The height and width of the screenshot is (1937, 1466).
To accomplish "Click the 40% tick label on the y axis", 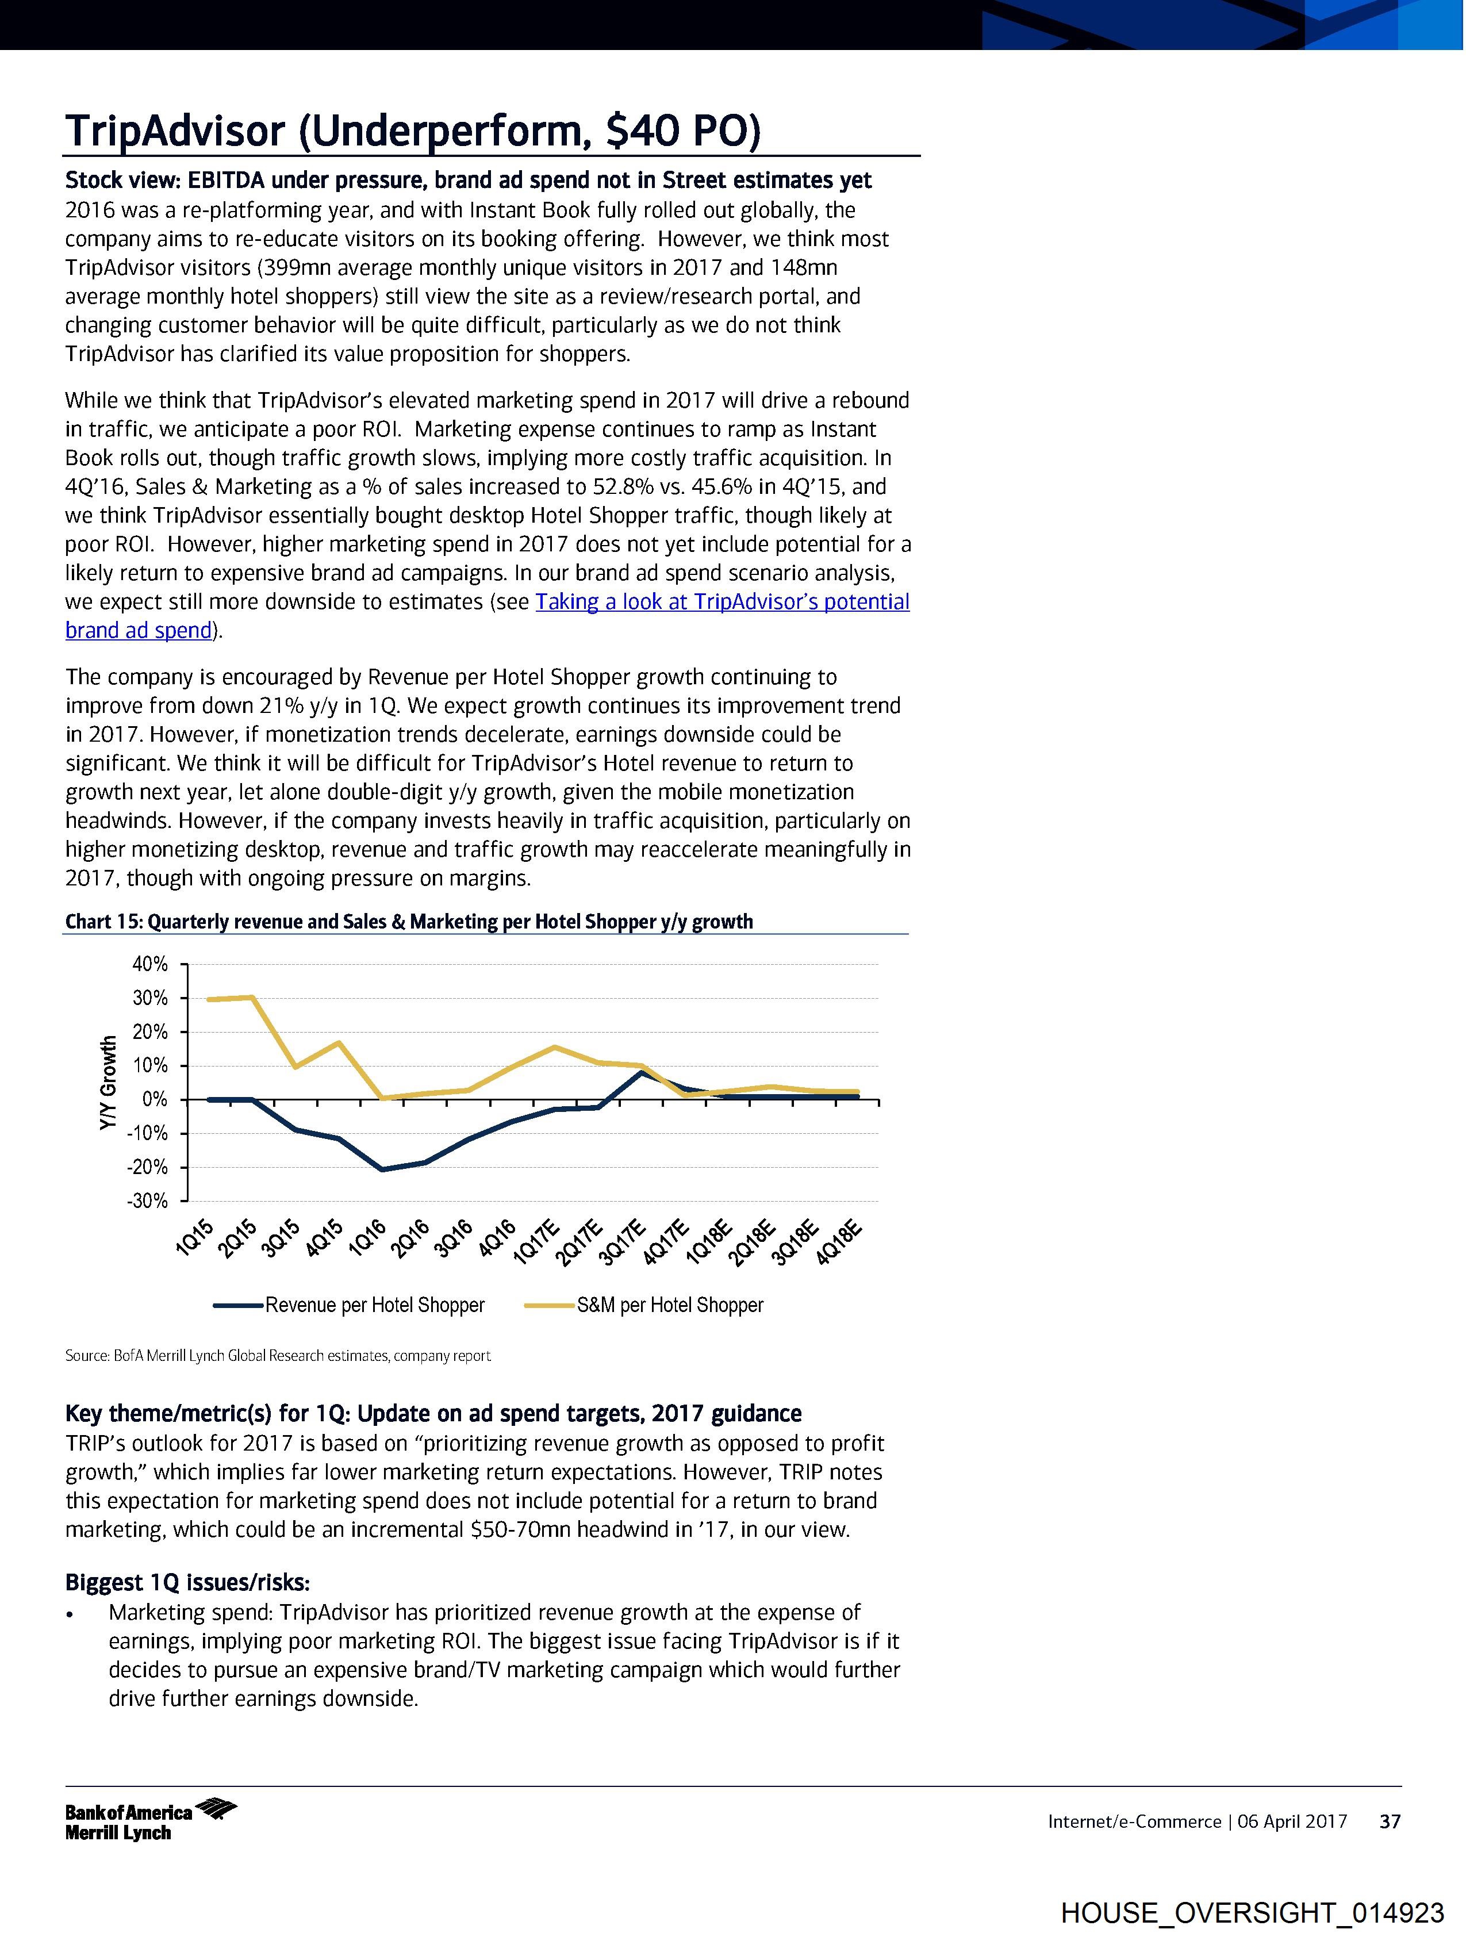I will point(149,964).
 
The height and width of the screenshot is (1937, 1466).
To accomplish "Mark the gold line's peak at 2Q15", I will point(252,996).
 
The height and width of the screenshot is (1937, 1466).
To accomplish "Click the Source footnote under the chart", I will point(278,1356).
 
